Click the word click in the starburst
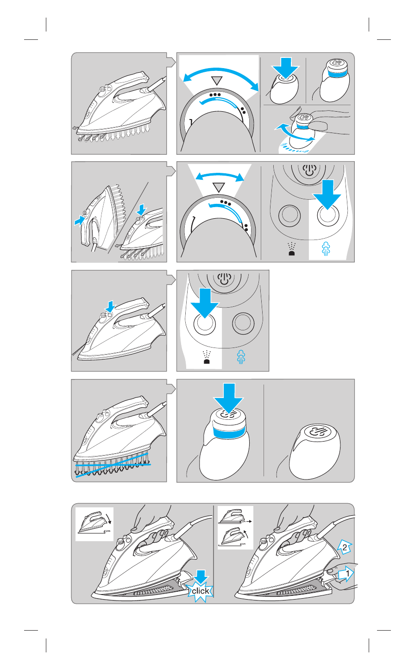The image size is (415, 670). click(201, 591)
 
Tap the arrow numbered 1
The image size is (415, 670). click(346, 573)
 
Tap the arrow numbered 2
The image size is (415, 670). click(345, 547)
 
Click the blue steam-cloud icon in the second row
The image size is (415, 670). click(326, 248)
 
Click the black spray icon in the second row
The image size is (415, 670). click(291, 249)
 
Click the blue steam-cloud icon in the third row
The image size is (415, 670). click(241, 356)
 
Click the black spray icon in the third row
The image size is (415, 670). click(207, 357)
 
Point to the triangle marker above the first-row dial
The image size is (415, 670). click(217, 81)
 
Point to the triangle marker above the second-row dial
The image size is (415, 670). click(219, 187)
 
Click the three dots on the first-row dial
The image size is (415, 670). click(215, 95)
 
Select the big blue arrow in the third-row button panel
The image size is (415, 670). click(205, 303)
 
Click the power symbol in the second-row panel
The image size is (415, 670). click(309, 171)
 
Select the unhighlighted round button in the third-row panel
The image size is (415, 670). click(243, 323)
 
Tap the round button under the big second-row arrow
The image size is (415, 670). click(328, 215)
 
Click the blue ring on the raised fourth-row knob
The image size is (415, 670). click(229, 433)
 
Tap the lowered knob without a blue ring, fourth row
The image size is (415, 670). click(314, 451)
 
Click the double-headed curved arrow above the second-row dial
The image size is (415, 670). click(220, 174)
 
